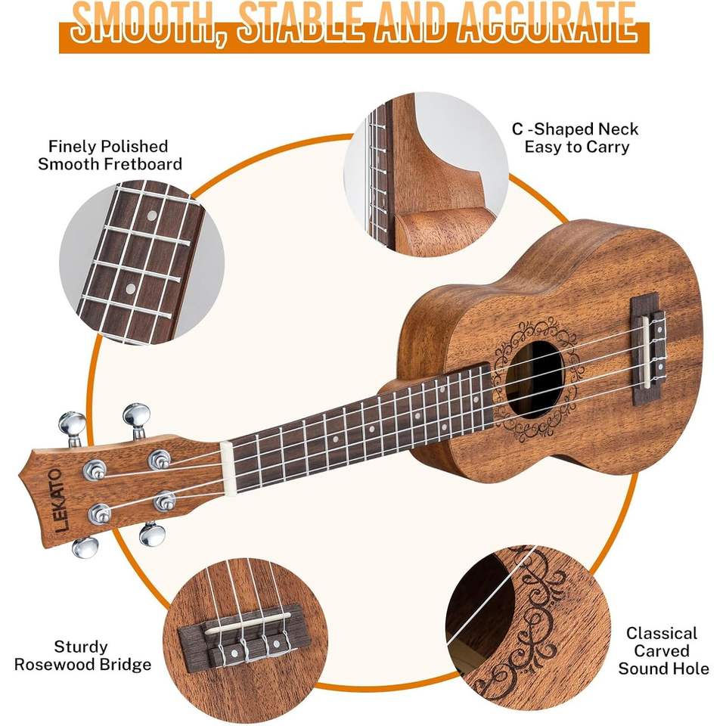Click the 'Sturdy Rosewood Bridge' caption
102,656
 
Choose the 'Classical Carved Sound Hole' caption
663,650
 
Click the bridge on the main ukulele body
647,343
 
